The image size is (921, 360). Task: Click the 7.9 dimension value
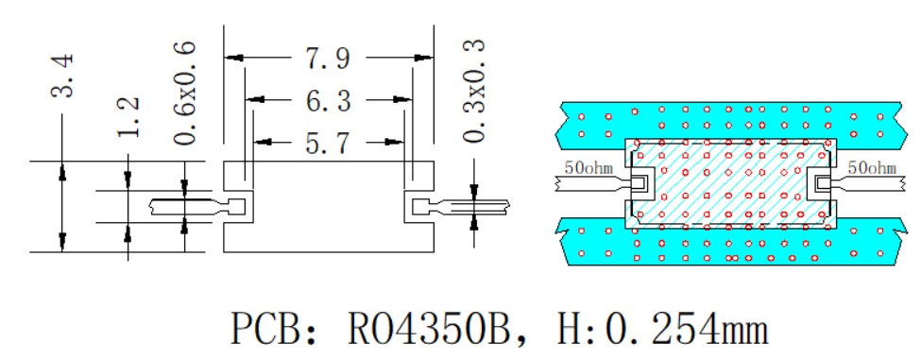click(328, 59)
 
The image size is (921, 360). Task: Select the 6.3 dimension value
click(328, 101)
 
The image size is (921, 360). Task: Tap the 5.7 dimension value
click(328, 143)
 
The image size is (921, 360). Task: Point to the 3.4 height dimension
click(62, 76)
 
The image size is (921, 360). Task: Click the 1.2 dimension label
click(128, 117)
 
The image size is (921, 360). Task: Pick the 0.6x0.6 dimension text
click(184, 93)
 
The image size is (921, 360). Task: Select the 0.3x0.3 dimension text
click(474, 91)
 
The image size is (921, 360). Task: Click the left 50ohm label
click(589, 168)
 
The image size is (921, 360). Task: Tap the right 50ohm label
click(872, 168)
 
